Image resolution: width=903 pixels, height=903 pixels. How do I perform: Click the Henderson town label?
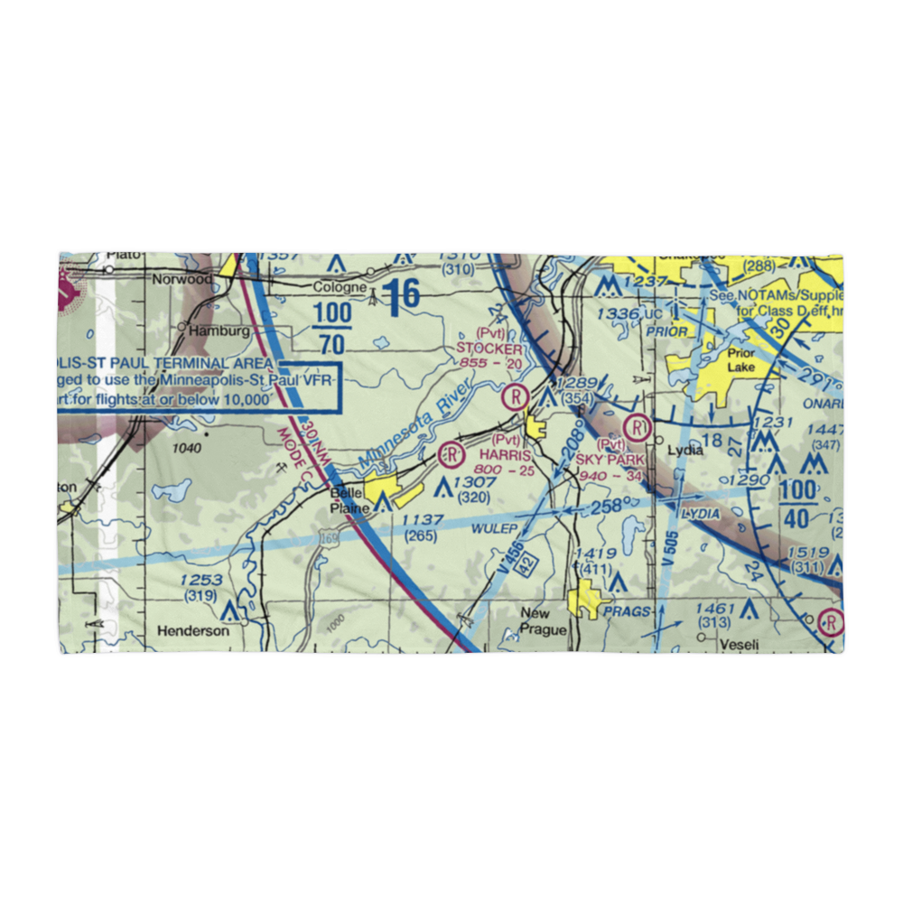click(192, 631)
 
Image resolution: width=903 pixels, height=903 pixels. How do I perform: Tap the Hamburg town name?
click(219, 331)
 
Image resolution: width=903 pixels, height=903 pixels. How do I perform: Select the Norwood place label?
click(182, 279)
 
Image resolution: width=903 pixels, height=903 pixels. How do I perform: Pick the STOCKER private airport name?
click(489, 349)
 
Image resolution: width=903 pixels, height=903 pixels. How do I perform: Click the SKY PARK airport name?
click(610, 459)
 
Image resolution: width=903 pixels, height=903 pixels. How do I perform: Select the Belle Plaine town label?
click(351, 500)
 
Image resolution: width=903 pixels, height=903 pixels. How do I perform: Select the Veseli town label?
click(739, 645)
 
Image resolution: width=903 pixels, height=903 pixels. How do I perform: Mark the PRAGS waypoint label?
click(628, 611)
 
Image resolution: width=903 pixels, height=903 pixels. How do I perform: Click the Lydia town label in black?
click(684, 449)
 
